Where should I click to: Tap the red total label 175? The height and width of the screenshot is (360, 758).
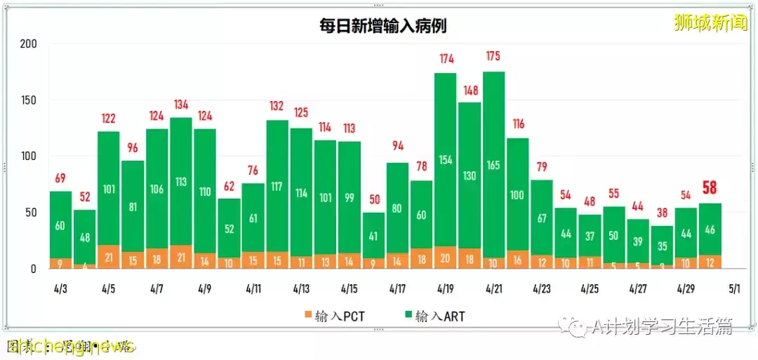click(493, 56)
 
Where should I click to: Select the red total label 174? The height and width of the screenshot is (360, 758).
click(446, 58)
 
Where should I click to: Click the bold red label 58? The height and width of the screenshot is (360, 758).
click(710, 189)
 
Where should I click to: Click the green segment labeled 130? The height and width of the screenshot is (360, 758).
click(470, 175)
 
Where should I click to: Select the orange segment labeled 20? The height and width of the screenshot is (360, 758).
click(446, 258)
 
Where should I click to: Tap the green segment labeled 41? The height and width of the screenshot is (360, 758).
click(373, 236)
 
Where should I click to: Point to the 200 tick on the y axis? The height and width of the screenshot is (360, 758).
click(28, 44)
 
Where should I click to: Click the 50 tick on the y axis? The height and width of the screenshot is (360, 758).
click(31, 213)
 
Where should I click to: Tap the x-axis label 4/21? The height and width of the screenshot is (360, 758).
click(493, 288)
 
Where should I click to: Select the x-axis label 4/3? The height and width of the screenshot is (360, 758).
click(60, 288)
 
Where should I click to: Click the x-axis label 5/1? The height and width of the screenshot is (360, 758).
click(734, 288)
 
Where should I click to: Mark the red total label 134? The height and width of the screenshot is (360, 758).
click(180, 105)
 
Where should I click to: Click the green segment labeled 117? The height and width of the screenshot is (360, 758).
click(277, 187)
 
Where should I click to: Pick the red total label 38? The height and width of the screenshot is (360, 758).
click(661, 213)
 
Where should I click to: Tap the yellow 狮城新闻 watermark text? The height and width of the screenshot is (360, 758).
click(710, 23)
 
